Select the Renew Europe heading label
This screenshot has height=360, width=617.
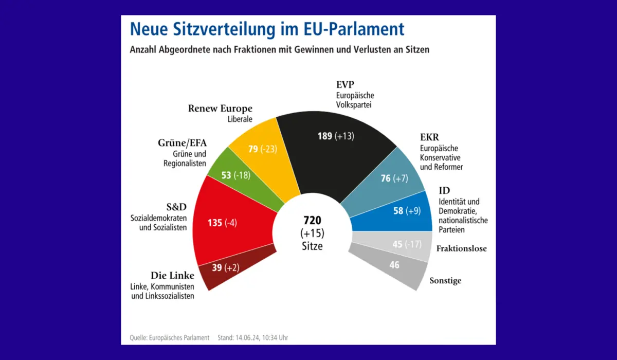coord(220,109)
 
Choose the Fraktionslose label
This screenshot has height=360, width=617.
coord(461,248)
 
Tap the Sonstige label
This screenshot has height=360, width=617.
coord(445,281)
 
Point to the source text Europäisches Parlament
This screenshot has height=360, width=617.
coord(179,337)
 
